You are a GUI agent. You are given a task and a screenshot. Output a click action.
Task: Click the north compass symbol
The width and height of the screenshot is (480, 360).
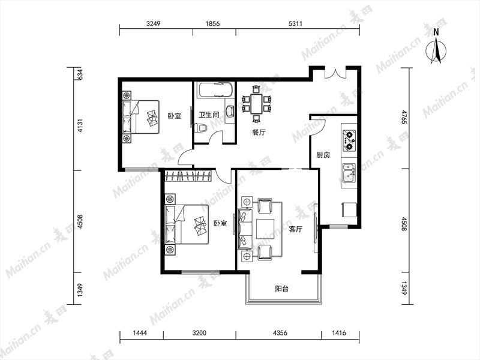pyautogui.click(x=436, y=49)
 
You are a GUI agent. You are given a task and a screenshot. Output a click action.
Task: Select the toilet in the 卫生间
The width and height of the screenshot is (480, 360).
pyautogui.click(x=201, y=128)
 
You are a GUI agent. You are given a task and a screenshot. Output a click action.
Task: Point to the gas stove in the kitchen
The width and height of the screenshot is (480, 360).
pyautogui.click(x=349, y=141)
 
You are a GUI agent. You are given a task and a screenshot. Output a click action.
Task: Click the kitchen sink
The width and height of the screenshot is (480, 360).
pyautogui.click(x=349, y=173)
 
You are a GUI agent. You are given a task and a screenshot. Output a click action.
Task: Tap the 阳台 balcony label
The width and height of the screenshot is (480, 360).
pyautogui.click(x=281, y=289)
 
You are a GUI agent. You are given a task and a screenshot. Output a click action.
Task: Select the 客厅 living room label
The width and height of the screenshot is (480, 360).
pyautogui.click(x=296, y=229)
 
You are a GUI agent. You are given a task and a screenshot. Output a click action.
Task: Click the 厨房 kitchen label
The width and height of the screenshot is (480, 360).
pyautogui.click(x=323, y=155)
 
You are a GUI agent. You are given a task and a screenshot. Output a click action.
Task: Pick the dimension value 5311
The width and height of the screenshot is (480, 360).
pyautogui.click(x=295, y=23)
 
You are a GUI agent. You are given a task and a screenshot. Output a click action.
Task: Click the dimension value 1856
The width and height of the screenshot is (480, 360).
pyautogui.click(x=212, y=23)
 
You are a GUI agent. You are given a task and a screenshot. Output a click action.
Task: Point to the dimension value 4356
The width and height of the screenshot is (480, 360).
pyautogui.click(x=280, y=332)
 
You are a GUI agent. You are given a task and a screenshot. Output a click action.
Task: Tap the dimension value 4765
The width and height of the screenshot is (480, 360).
pyautogui.click(x=404, y=117)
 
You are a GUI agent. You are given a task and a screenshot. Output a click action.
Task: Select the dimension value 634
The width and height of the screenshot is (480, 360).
pyautogui.click(x=80, y=74)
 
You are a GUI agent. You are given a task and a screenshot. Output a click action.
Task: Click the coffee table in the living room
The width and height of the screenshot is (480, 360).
pyautogui.click(x=265, y=229)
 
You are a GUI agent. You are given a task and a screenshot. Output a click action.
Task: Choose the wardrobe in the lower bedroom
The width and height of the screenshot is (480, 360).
pyautogui.click(x=188, y=176)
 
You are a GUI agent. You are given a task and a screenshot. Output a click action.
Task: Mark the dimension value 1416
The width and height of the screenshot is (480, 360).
pyautogui.click(x=338, y=332)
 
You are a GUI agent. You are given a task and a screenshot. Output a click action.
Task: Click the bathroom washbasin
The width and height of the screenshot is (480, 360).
pyautogui.click(x=230, y=111)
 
